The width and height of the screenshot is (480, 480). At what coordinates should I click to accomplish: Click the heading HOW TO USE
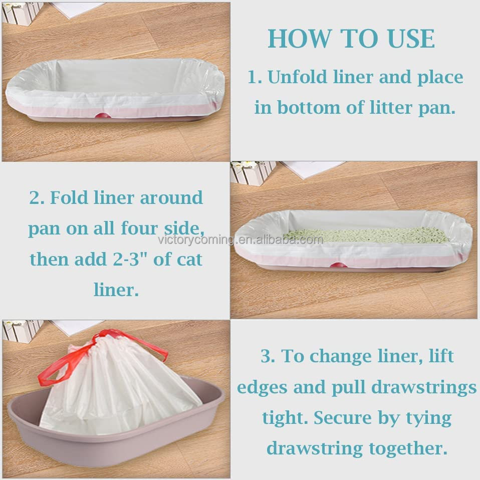(351, 39)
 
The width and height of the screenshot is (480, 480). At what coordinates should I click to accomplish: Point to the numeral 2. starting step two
(37, 197)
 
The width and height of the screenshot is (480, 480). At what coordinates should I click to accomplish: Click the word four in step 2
(139, 228)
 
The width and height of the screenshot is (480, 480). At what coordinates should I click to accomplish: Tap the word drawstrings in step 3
(424, 387)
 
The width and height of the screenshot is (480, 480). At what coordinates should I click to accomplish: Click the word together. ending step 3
(408, 449)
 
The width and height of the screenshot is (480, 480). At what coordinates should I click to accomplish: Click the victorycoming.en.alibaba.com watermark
(241, 239)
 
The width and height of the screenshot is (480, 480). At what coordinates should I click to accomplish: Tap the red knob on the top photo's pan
(103, 115)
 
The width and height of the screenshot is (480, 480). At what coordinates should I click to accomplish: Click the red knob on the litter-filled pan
(338, 265)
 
